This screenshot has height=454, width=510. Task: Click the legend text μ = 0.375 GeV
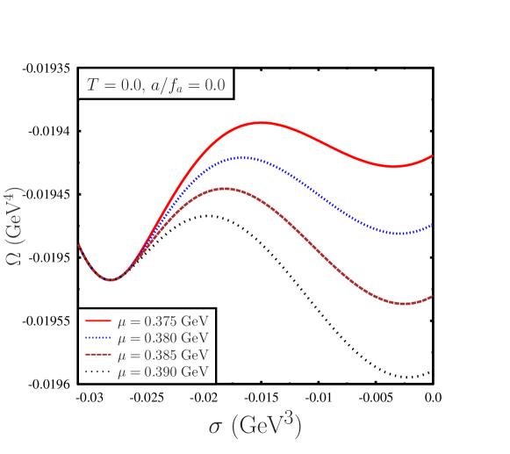click(x=167, y=321)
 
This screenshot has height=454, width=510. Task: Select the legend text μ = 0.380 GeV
click(x=167, y=338)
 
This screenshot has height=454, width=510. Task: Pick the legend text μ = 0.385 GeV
click(x=167, y=355)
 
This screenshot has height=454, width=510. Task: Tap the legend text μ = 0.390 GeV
click(x=167, y=371)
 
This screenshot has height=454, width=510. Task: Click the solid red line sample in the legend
click(x=97, y=321)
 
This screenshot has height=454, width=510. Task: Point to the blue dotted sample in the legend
click(x=97, y=338)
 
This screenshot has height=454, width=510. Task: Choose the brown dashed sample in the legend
click(x=97, y=355)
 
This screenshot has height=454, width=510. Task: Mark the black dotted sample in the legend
click(x=97, y=371)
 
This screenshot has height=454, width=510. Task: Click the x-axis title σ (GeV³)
click(x=255, y=427)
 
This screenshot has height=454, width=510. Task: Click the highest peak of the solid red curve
click(x=262, y=123)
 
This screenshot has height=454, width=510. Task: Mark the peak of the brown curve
click(x=226, y=189)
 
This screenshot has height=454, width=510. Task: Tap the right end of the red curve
click(x=433, y=155)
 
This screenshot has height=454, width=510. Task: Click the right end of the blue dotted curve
click(x=433, y=226)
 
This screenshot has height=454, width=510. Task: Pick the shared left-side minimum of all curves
click(x=110, y=280)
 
